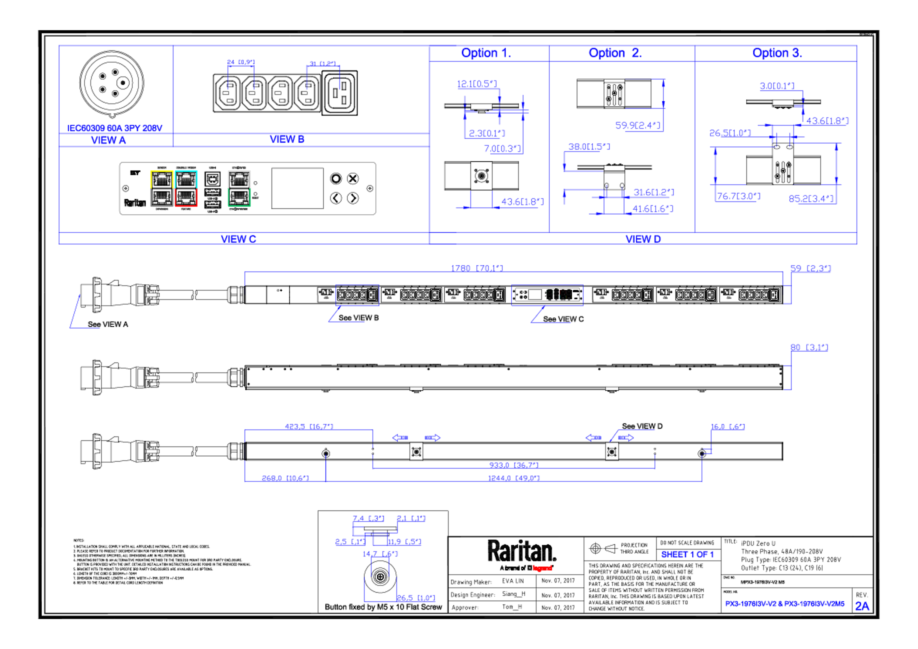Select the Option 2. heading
click(x=615, y=53)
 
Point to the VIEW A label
click(x=108, y=140)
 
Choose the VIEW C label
click(x=238, y=239)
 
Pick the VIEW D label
click(x=643, y=239)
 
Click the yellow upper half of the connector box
click(x=162, y=179)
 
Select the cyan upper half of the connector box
click(x=186, y=179)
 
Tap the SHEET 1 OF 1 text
click(x=687, y=555)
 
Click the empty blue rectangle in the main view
click(x=357, y=295)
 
